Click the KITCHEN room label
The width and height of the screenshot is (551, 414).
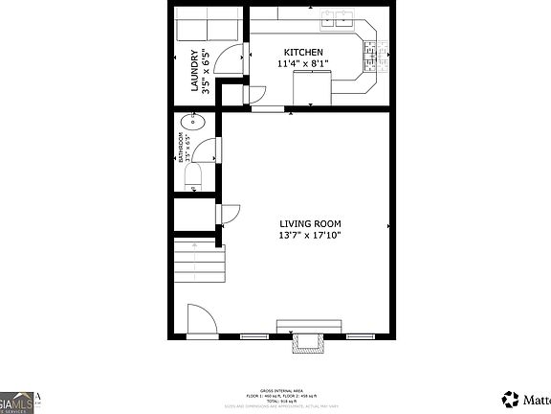pyautogui.click(x=303, y=52)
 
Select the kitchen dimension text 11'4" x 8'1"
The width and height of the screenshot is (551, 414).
pyautogui.click(x=303, y=64)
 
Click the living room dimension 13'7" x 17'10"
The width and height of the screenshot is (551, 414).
pyautogui.click(x=309, y=234)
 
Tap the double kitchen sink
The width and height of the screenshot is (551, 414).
pyautogui.click(x=338, y=17)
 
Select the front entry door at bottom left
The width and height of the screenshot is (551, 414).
pyautogui.click(x=201, y=319)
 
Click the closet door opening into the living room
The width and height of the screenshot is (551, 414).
pyautogui.click(x=230, y=214)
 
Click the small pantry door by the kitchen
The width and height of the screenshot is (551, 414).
pyautogui.click(x=253, y=94)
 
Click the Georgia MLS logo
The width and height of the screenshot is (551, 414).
pyautogui.click(x=19, y=402)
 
